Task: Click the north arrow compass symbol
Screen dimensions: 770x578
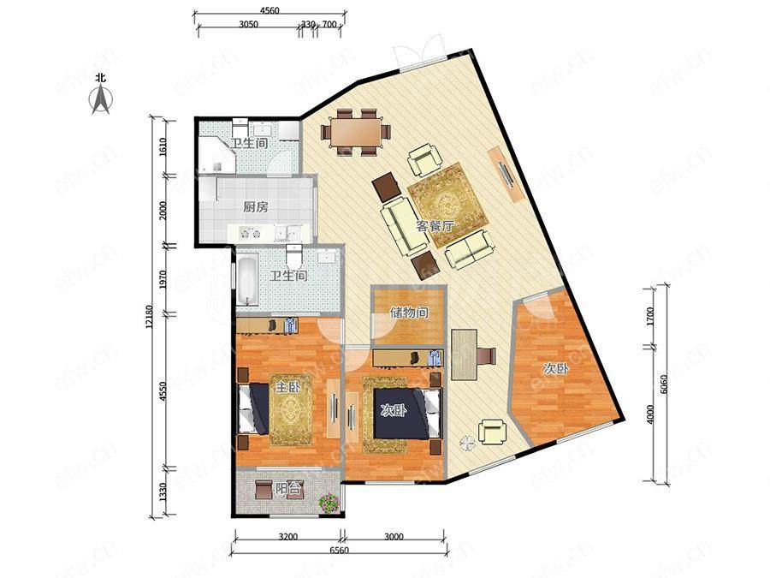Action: click(101, 98)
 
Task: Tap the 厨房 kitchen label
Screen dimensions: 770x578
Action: click(255, 207)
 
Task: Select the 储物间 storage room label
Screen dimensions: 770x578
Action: click(409, 313)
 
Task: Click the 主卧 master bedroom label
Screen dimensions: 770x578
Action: click(287, 387)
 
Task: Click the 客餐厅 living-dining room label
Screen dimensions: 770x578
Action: click(435, 227)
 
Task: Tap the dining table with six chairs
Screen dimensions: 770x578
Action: click(356, 132)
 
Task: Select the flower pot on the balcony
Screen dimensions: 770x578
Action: click(329, 504)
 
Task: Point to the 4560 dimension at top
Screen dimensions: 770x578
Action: click(269, 10)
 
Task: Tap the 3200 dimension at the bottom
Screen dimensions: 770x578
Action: click(287, 537)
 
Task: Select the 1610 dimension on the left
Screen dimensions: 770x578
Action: click(163, 146)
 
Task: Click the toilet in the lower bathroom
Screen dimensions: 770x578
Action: click(294, 254)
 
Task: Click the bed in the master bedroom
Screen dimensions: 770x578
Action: click(253, 408)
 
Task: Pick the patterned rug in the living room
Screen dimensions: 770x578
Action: click(447, 205)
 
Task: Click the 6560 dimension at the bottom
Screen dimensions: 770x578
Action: click(338, 550)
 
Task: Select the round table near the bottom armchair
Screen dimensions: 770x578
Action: click(467, 444)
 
